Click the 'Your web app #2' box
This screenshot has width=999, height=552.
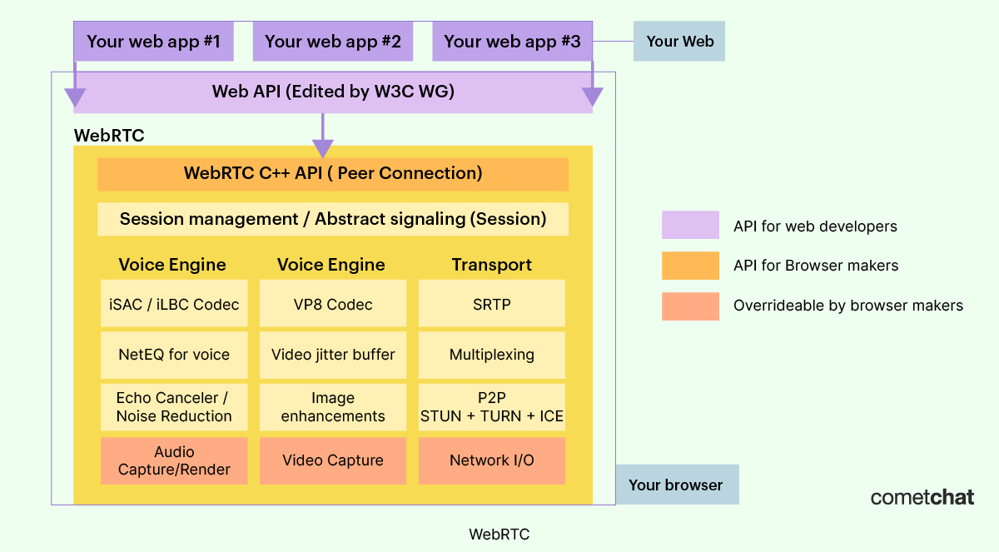[x=332, y=42]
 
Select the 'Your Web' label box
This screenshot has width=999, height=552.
[x=679, y=42]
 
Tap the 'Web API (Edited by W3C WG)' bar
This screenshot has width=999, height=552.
[x=333, y=92]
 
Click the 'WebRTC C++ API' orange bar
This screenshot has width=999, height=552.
[x=333, y=174]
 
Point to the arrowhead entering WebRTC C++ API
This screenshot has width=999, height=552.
[x=322, y=149]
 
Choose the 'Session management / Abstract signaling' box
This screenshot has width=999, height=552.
[x=333, y=219]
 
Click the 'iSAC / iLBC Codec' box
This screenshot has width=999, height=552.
[x=174, y=304]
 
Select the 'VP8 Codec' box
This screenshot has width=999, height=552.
[x=333, y=304]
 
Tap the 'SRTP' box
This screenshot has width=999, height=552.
[x=491, y=304]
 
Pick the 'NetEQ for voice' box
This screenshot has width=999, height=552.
[x=174, y=355]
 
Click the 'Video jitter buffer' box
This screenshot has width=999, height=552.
[x=333, y=355]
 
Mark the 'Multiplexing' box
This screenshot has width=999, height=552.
[x=491, y=355]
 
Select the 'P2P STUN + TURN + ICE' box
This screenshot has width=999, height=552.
[x=491, y=407]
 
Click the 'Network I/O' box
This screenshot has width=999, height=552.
[x=491, y=460]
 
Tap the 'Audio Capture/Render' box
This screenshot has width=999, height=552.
[x=174, y=460]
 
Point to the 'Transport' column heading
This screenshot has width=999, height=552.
[x=491, y=265]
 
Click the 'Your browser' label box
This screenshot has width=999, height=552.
[x=676, y=485]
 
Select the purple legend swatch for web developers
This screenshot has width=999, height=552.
[x=690, y=226]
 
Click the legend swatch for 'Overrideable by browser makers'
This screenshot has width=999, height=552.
[x=690, y=306]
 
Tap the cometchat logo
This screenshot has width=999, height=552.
[x=922, y=497]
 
